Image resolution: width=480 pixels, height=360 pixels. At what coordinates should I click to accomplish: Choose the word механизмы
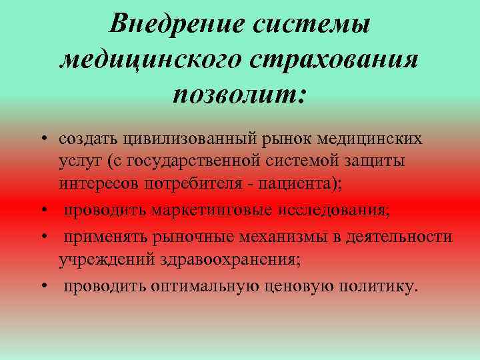pyautogui.click(x=279, y=237)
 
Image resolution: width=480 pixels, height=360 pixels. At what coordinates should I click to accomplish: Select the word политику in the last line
pyautogui.click(x=378, y=287)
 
